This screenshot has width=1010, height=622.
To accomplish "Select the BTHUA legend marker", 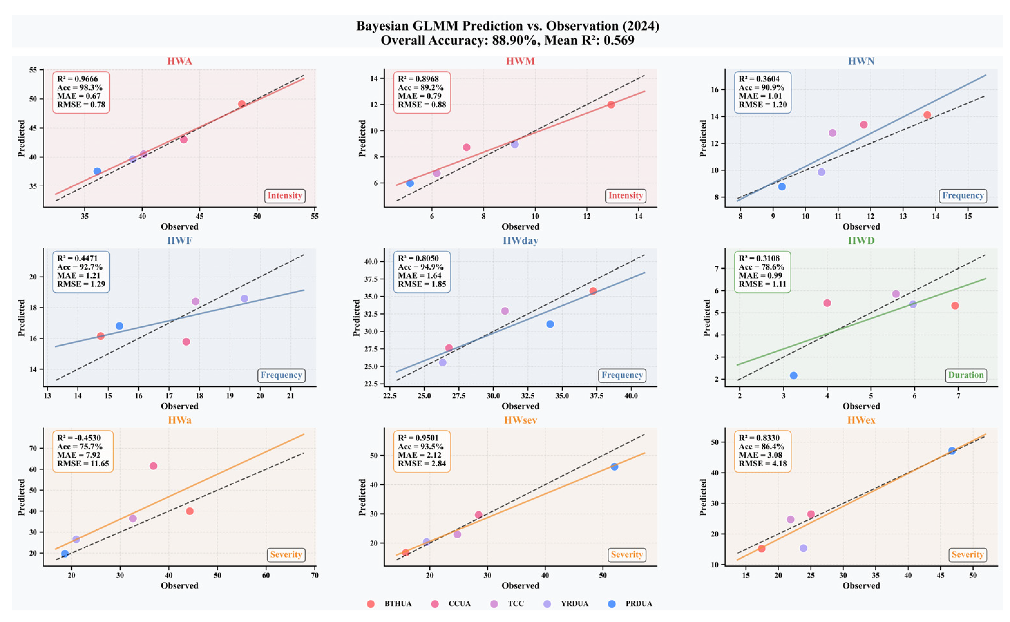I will pos(370,604).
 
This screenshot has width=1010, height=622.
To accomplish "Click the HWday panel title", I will pos(520,241).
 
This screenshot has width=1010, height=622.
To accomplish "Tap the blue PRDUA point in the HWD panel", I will pos(793,375).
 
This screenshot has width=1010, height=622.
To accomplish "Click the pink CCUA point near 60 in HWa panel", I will pos(153,466).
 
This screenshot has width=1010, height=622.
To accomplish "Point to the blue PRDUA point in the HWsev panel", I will pos(614,466).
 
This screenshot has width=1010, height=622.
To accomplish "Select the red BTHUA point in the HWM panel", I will pos(611,104).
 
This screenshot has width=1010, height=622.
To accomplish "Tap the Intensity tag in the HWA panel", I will pos(285,196).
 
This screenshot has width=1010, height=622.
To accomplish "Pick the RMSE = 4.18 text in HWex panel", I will pos(762,463).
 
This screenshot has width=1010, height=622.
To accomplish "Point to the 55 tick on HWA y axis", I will pos(33,70).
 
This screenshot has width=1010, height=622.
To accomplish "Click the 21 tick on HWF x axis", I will pos(290,396).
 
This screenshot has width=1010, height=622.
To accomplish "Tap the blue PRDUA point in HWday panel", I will pos(550,324).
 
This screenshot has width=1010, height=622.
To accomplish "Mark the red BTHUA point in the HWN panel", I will pos(927,115).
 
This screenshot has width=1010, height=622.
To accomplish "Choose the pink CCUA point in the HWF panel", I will pos(186,341).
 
